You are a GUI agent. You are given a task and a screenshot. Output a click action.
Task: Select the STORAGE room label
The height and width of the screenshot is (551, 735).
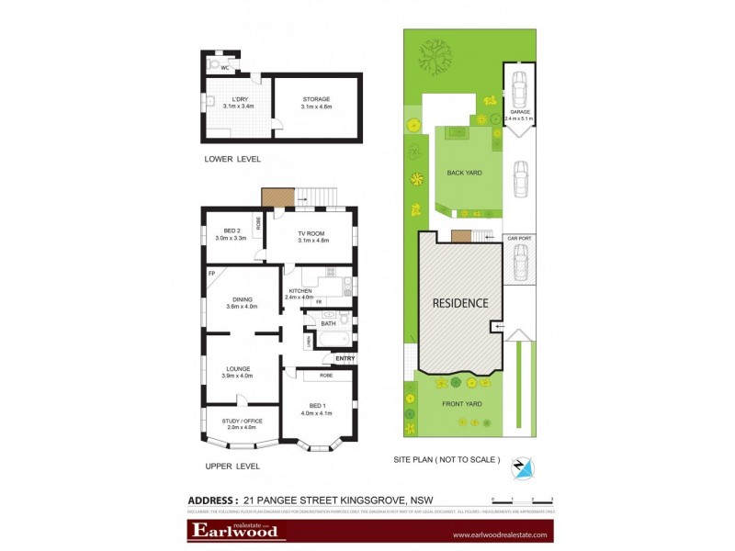point(315,99)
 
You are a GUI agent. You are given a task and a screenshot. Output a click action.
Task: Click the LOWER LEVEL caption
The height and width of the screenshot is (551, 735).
point(233,159)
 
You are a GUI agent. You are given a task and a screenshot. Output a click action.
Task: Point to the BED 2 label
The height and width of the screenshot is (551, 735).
point(225,231)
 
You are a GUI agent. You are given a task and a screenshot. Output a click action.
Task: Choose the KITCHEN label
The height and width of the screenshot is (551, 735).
point(300,291)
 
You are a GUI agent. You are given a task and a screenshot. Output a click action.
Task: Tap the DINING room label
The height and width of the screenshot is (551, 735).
point(243,300)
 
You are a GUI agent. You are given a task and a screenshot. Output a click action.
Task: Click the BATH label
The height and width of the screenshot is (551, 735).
point(328,322)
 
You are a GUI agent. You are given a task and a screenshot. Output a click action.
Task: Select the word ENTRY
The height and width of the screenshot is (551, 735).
point(345,358)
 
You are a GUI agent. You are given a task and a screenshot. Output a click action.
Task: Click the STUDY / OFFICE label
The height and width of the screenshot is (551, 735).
point(243,421)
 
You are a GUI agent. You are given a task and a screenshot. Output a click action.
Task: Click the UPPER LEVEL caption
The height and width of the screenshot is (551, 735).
point(233,467)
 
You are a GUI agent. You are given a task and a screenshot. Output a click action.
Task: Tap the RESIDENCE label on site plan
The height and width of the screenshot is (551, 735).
point(461,302)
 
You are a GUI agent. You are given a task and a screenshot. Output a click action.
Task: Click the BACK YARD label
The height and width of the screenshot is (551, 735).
point(465,172)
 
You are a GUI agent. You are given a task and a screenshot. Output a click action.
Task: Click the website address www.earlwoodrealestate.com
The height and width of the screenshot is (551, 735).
point(500,534)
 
